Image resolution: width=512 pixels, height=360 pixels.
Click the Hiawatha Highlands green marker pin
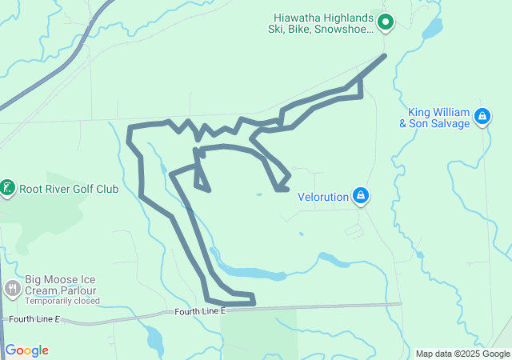coord(385,22)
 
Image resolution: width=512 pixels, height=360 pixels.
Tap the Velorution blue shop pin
coord(362,195)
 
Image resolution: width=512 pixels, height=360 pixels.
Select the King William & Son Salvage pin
coord(482,117)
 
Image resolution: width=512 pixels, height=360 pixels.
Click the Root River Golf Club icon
coord(7,189)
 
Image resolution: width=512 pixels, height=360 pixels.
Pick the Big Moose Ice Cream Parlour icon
coord(12,288)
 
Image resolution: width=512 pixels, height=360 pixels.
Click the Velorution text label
coord(323,196)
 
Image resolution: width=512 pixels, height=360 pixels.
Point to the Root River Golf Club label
coord(69,190)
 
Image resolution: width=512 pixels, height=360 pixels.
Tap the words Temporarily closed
coord(62,302)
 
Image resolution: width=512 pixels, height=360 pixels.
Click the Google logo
coord(27,350)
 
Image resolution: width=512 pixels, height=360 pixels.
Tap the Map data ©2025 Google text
coord(462,354)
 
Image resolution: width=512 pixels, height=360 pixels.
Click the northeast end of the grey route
coord(385,55)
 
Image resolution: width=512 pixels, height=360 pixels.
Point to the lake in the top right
coord(431,30)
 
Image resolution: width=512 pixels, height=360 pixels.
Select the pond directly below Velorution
coord(327,258)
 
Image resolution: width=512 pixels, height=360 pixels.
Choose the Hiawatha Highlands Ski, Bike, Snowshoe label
coord(321,24)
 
